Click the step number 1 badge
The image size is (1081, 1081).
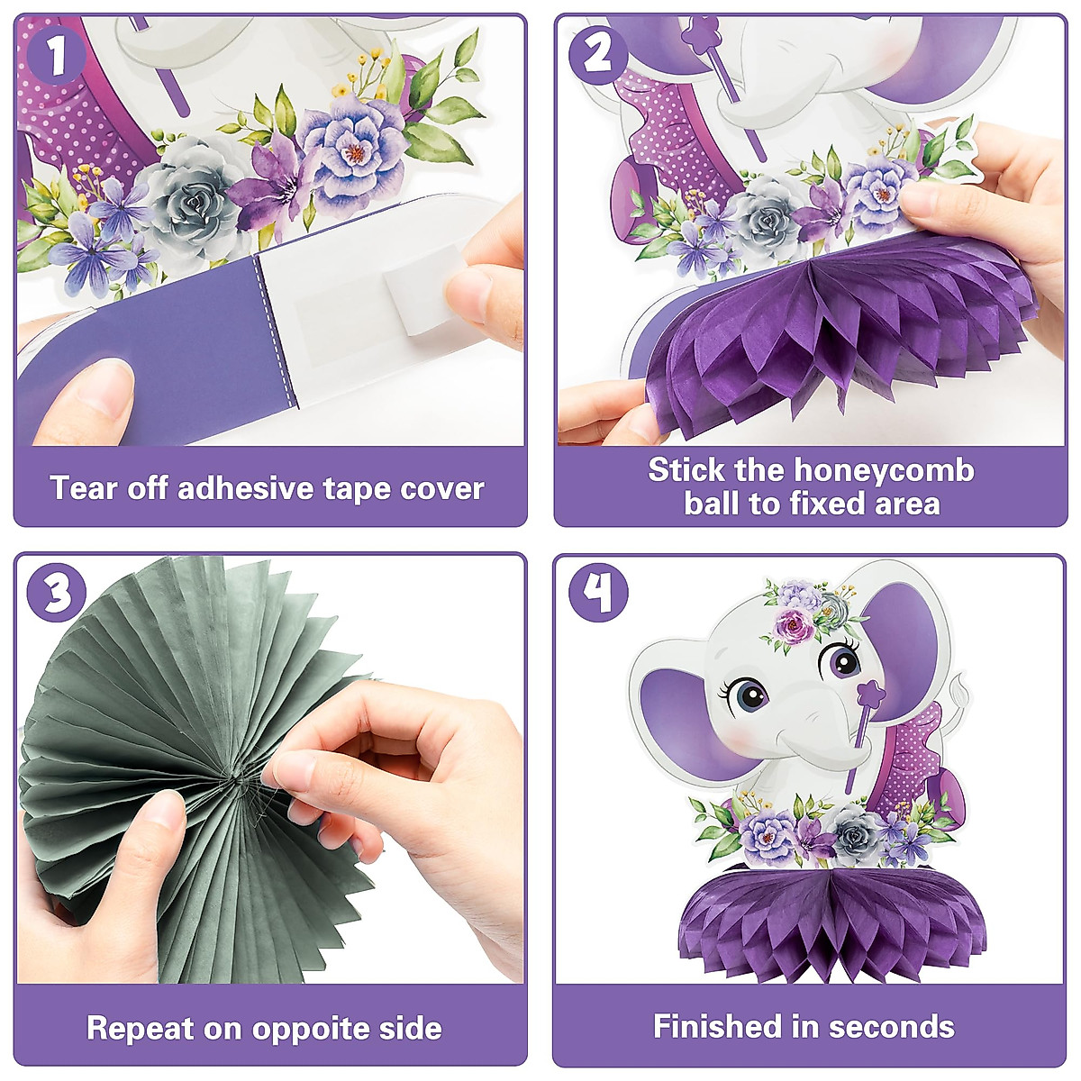coord(56,56)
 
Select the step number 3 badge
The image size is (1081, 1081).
coord(56,595)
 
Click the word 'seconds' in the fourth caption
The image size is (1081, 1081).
coord(891,1026)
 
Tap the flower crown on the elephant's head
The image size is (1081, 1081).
coord(806,613)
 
